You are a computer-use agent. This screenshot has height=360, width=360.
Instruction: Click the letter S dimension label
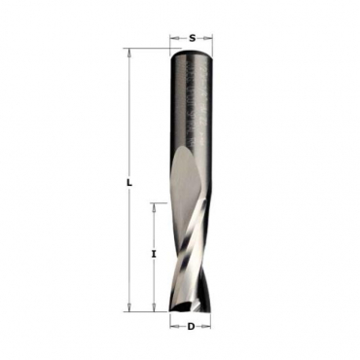tap(193, 38)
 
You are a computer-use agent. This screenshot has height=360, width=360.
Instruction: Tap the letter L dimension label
tap(129, 183)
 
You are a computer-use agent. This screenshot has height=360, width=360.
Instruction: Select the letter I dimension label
tap(155, 255)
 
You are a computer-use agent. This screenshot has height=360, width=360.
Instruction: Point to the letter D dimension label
tap(191, 326)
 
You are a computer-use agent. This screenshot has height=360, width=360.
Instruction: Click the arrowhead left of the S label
tap(174, 38)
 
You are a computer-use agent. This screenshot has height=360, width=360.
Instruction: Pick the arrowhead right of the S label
tap(207, 38)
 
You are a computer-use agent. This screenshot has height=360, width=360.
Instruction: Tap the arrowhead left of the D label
tap(174, 326)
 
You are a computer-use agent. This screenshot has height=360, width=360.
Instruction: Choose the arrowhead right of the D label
tap(206, 326)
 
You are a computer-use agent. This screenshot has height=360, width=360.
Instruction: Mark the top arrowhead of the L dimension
tap(129, 54)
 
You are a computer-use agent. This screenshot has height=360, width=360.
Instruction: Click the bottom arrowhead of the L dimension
tap(129, 307)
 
